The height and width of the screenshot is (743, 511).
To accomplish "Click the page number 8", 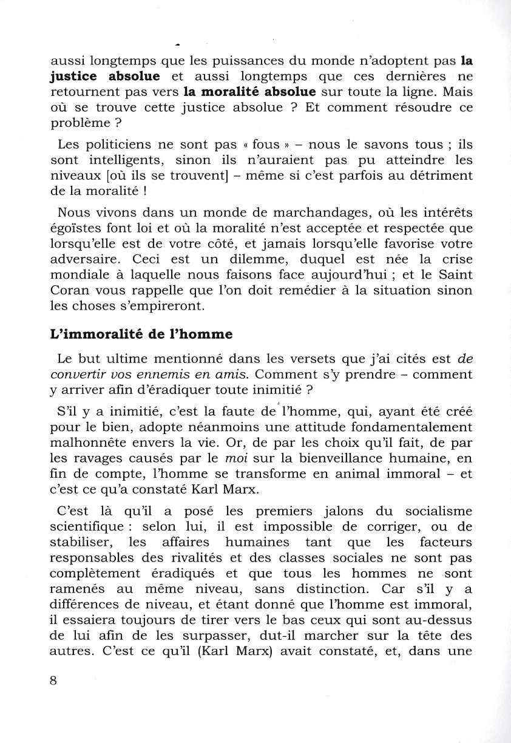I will tap(54, 680).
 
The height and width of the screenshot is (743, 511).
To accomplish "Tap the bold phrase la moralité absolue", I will tap(249, 92).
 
